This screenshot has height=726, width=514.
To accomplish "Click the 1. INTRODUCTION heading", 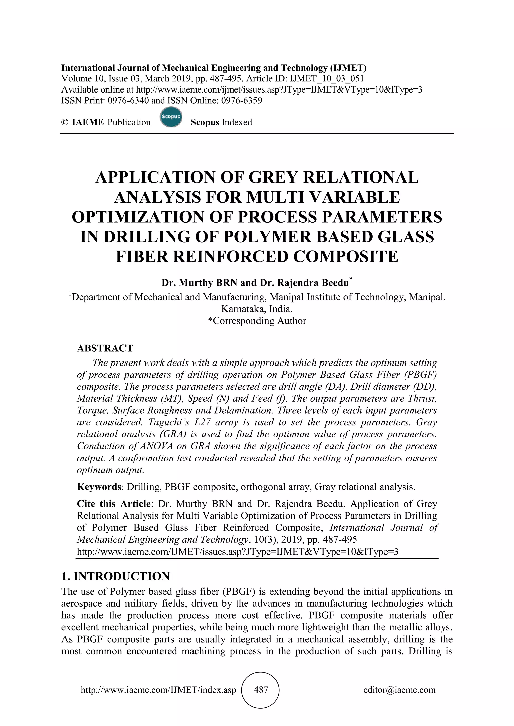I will pos(115,576).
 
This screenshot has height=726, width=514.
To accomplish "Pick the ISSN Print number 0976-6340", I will pos(128,101).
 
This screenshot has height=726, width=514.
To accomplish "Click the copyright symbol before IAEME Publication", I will pos(65,122).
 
